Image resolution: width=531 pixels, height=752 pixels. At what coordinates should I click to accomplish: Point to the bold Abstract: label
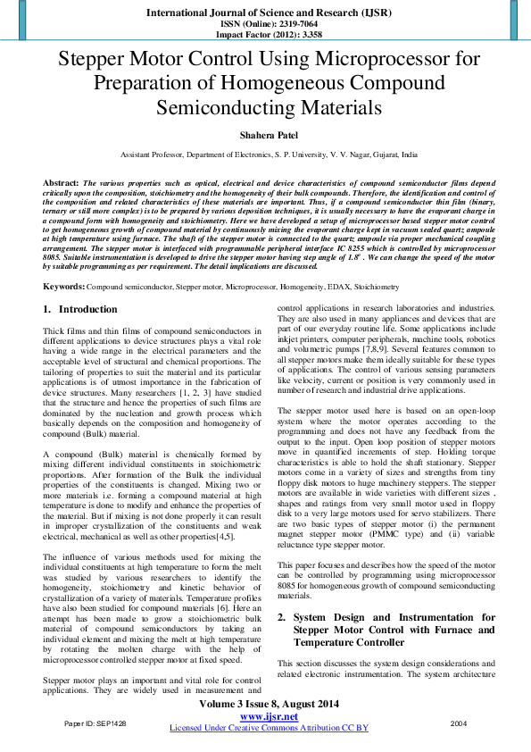coord(61,182)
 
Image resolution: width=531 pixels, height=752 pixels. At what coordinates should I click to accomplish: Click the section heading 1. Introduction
coord(80,310)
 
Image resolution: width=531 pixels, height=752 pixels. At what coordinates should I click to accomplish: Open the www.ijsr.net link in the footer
coord(268,716)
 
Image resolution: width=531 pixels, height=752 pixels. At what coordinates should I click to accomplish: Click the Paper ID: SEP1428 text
coord(95,722)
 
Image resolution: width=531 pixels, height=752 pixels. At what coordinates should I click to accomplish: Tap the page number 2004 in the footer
coord(459,722)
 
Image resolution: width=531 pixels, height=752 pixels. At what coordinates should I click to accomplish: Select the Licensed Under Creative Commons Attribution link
coord(269,729)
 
